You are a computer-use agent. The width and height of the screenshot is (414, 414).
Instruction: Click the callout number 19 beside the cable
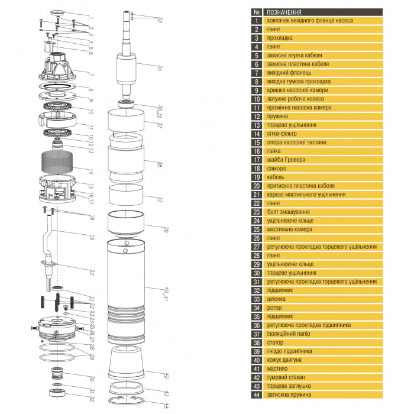click(92, 238)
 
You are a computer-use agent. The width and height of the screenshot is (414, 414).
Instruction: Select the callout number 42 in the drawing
click(167, 376)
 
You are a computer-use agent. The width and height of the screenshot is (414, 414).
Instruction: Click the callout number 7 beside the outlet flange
click(91, 75)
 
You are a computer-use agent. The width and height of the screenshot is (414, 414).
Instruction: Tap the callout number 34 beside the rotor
click(159, 69)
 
